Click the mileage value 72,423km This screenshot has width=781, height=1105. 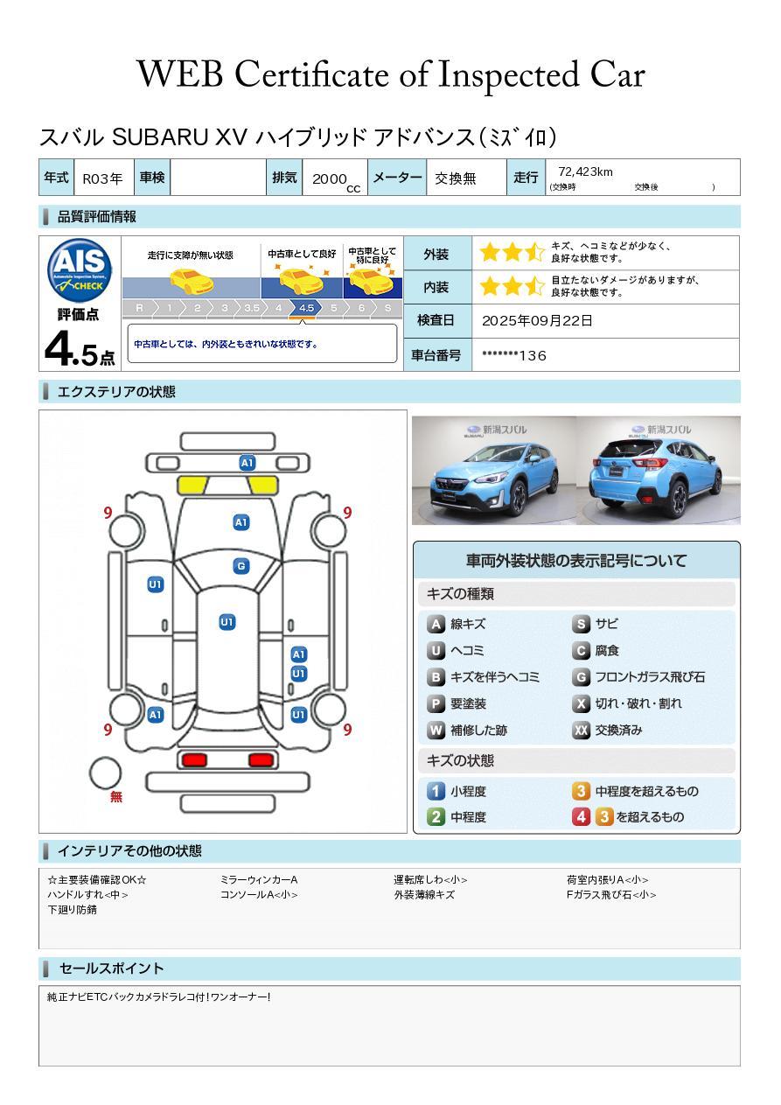click(x=585, y=172)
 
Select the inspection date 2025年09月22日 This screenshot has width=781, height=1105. click(x=537, y=320)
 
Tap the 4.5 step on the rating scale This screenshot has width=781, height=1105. click(x=306, y=308)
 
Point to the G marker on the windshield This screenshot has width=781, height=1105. click(x=241, y=566)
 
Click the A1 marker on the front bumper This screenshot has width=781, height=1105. click(x=247, y=463)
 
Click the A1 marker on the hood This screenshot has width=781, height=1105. click(x=241, y=522)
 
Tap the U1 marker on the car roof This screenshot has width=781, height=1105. click(x=227, y=621)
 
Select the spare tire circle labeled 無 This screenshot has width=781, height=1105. click(x=105, y=773)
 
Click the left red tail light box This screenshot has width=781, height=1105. click(x=194, y=759)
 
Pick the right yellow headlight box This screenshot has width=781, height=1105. click(x=262, y=486)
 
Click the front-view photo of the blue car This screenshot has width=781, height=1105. click(x=494, y=470)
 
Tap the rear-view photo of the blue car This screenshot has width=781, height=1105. click(x=659, y=470)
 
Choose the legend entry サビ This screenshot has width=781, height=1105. click(x=606, y=624)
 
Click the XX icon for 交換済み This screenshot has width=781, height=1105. click(x=582, y=730)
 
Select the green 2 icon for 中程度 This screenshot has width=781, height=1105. click(x=436, y=817)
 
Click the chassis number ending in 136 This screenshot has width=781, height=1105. click(x=514, y=356)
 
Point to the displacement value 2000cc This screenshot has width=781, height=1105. click(x=336, y=181)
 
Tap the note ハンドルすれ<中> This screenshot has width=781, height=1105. click(x=87, y=894)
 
